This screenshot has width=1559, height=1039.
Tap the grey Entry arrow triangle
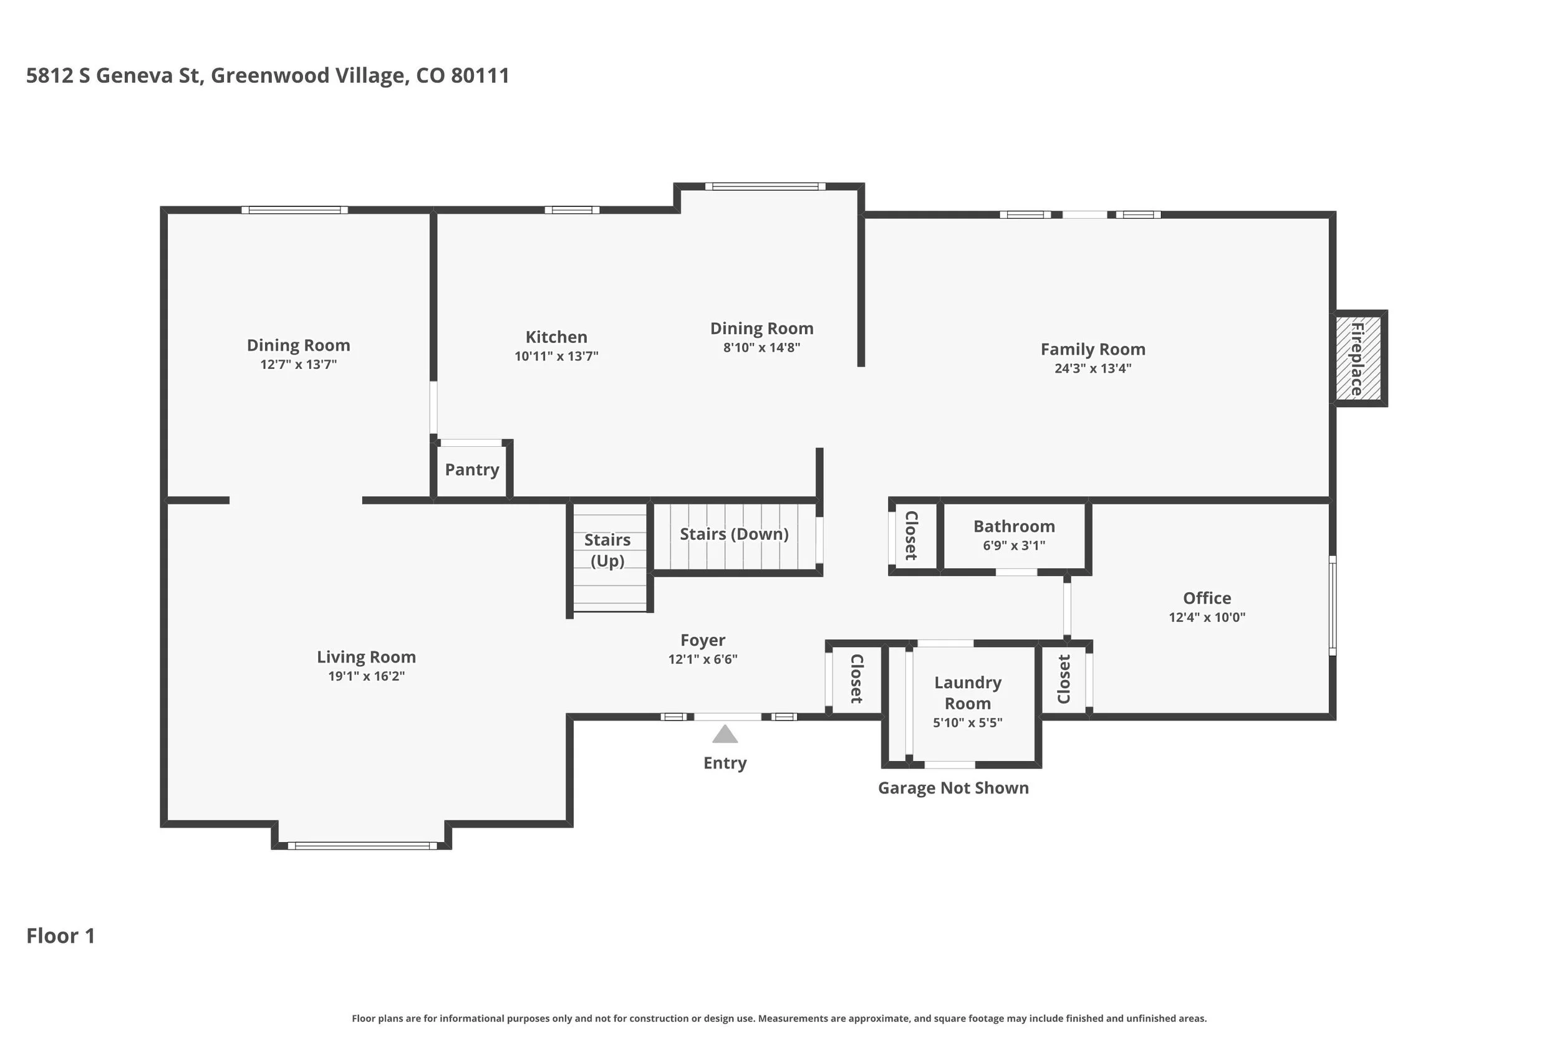(725, 734)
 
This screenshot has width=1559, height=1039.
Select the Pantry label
(471, 470)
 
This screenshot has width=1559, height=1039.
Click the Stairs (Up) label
(607, 550)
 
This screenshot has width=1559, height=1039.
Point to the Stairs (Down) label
(734, 534)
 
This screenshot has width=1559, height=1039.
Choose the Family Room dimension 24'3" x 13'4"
(1093, 368)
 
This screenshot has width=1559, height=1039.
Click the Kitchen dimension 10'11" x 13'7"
(556, 357)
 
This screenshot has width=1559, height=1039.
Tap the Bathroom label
(1013, 527)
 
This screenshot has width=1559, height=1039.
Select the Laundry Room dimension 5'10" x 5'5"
(967, 723)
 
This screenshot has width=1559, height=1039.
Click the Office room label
(1207, 598)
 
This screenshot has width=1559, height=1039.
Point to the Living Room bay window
(362, 846)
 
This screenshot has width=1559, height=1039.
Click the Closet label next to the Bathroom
(912, 535)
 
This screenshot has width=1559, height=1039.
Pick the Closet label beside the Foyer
(856, 679)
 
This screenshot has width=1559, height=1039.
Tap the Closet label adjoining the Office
(1064, 679)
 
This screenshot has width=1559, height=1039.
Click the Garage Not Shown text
(953, 788)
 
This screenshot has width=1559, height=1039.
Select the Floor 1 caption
(60, 936)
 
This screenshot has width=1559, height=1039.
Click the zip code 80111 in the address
(480, 75)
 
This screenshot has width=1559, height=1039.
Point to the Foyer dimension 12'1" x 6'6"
(703, 659)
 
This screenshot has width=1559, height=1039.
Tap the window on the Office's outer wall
(1332, 606)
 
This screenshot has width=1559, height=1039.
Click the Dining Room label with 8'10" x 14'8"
(761, 328)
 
